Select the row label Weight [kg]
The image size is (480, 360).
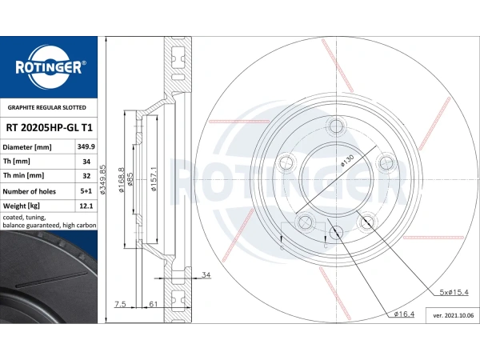click(22, 206)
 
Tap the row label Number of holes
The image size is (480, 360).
click(30, 191)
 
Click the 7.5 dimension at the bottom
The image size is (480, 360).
click(121, 305)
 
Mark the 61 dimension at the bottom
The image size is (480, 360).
click(153, 305)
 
